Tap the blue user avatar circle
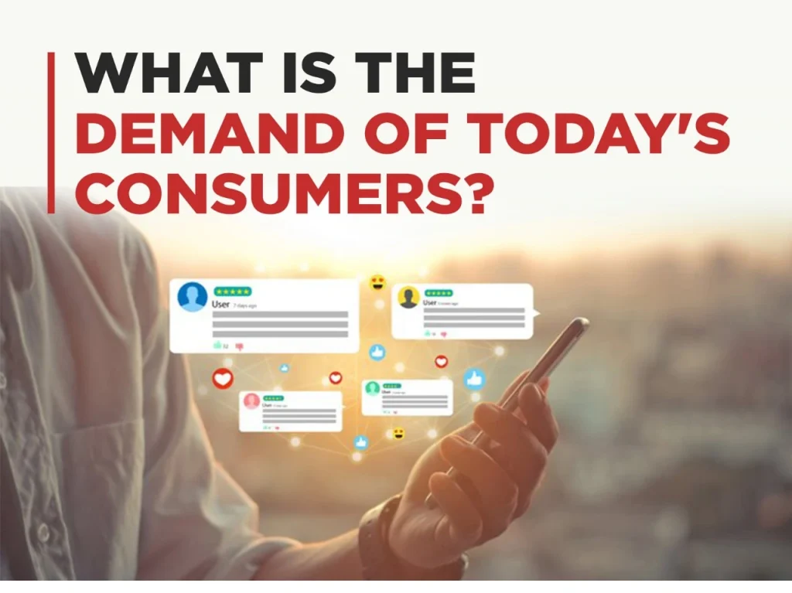tap(192, 297)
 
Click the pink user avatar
tap(251, 400)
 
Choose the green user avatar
tap(372, 388)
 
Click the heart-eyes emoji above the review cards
tap(377, 282)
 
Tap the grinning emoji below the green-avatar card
tap(398, 434)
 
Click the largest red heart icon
tap(223, 379)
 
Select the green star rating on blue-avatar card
tap(232, 291)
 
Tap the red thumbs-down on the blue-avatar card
tap(239, 346)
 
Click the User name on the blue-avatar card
tap(220, 305)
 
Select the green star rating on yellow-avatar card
tap(439, 294)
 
